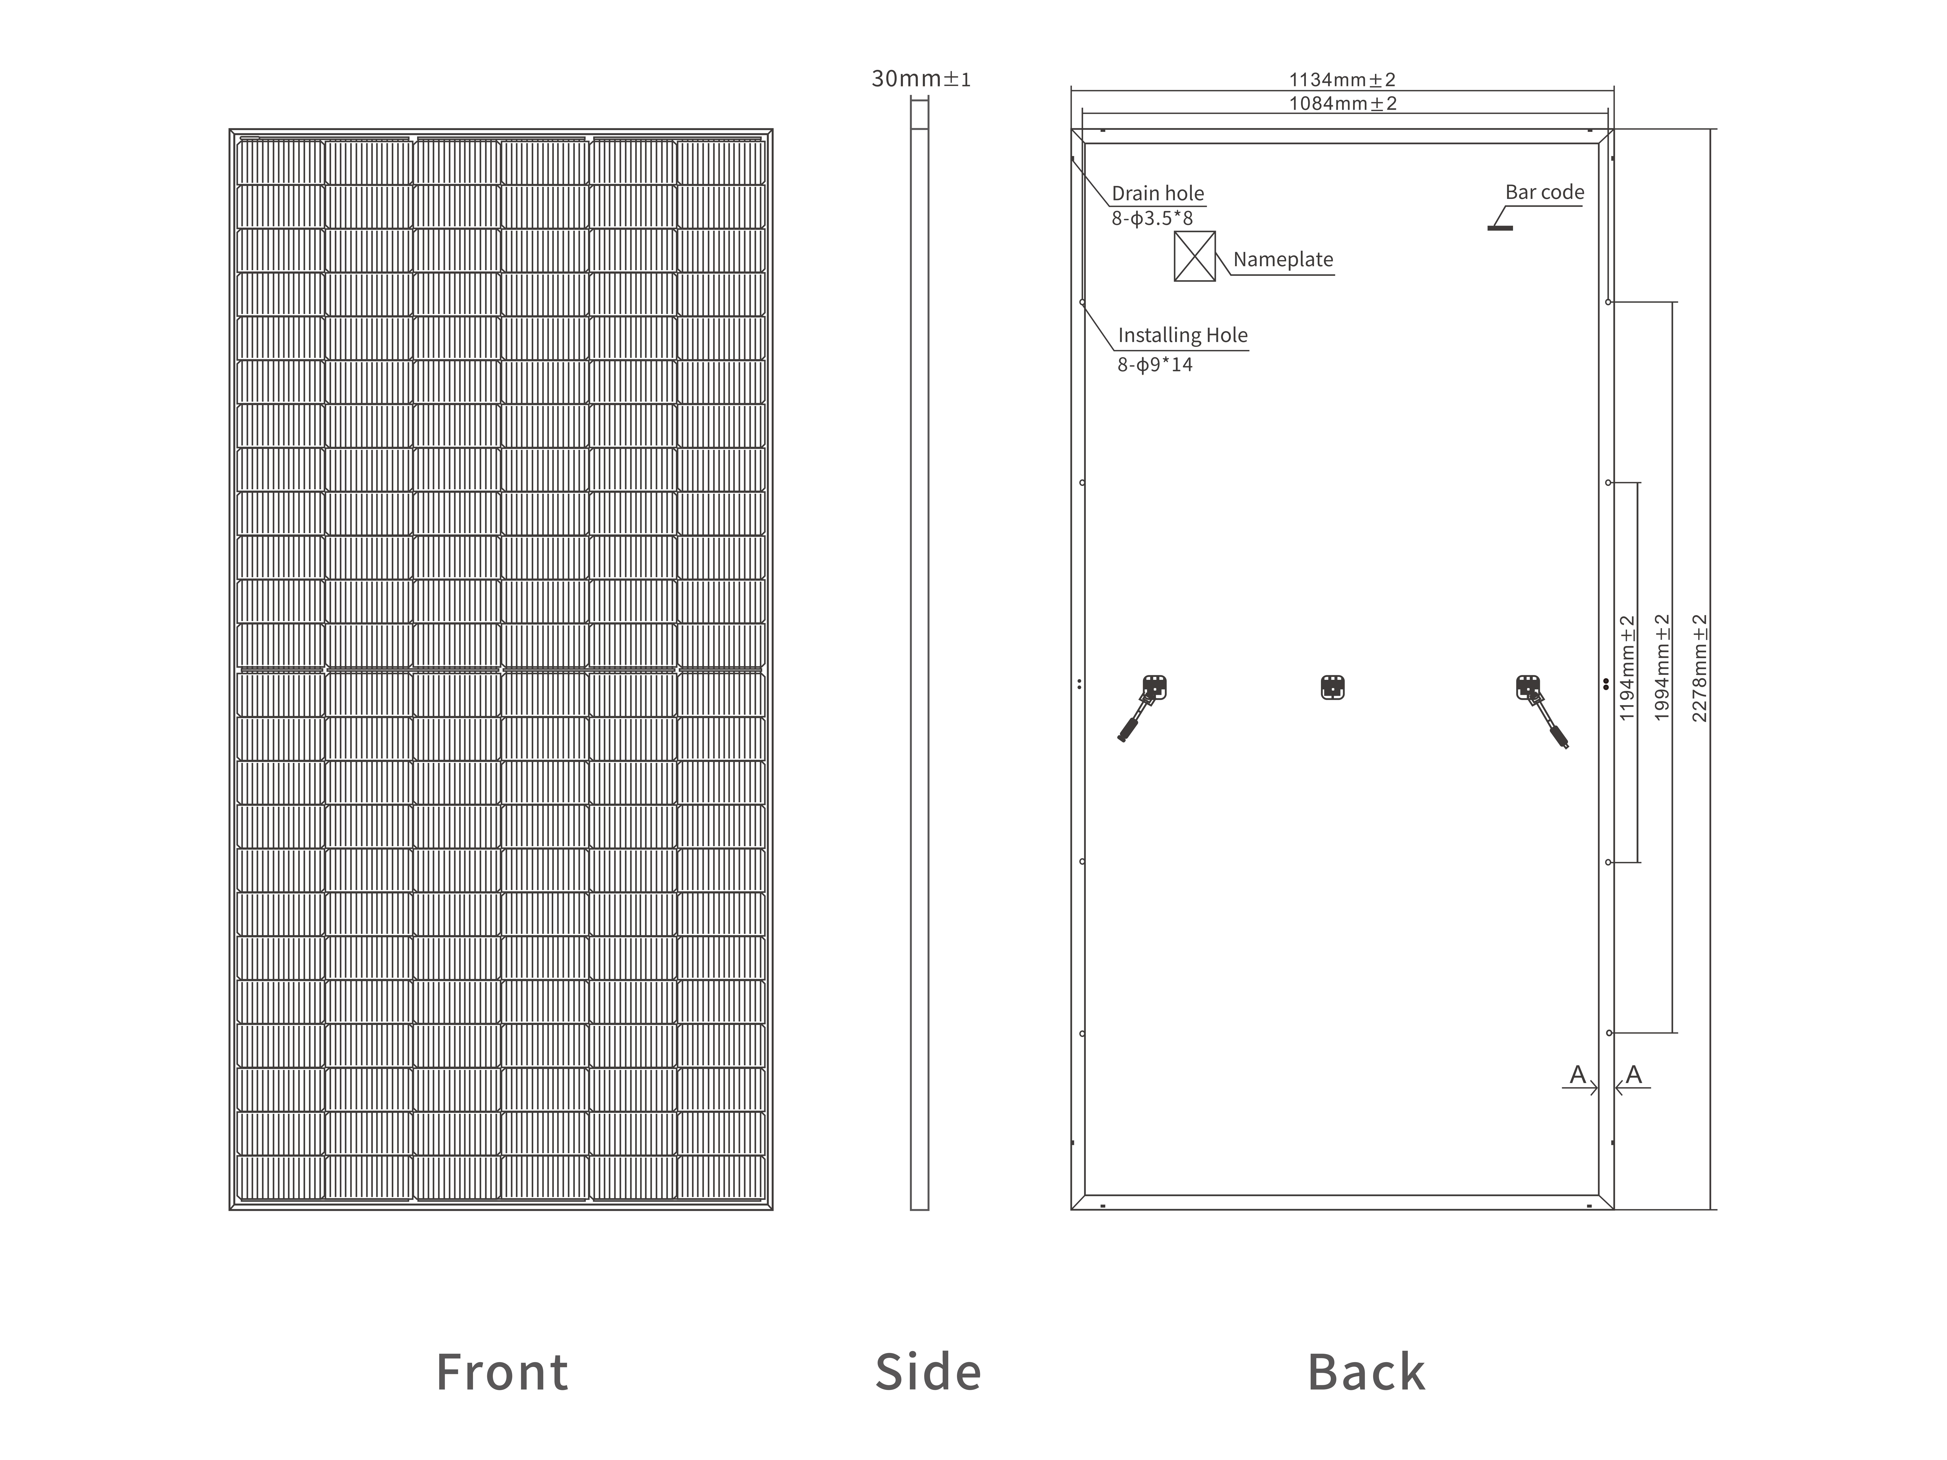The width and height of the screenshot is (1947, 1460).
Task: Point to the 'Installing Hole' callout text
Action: (x=1182, y=335)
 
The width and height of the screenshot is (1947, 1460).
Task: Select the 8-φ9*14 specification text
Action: (x=1155, y=364)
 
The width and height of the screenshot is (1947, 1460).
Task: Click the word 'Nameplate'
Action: (x=1283, y=260)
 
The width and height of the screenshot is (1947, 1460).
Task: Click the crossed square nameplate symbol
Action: (x=1194, y=256)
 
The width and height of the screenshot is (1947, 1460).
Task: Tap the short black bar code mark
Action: (x=1500, y=228)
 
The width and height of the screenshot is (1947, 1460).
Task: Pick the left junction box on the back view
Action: (x=1154, y=686)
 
